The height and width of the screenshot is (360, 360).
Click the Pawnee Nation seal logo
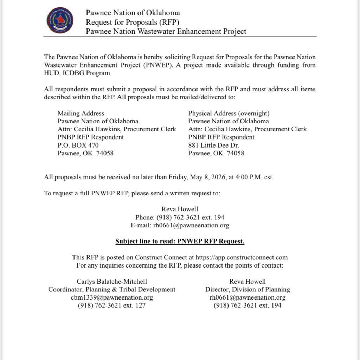tap(60, 20)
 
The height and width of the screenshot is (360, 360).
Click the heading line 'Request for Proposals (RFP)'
tap(133, 22)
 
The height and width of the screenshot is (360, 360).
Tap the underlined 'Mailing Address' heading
tap(81, 113)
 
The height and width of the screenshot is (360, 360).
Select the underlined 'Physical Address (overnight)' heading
tap(229, 113)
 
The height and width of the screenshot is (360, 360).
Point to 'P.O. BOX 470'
tap(78, 145)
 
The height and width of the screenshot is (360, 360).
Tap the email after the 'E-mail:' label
tap(191, 226)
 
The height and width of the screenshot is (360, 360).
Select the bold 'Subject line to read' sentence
tap(180, 242)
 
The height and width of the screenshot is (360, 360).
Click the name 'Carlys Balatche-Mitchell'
tap(112, 281)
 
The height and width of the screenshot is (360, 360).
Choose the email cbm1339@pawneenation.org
tap(112, 297)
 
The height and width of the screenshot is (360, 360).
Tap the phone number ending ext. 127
tap(112, 306)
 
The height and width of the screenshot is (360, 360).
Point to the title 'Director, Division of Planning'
tap(247, 289)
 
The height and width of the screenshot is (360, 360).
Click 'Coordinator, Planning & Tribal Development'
tap(112, 289)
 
